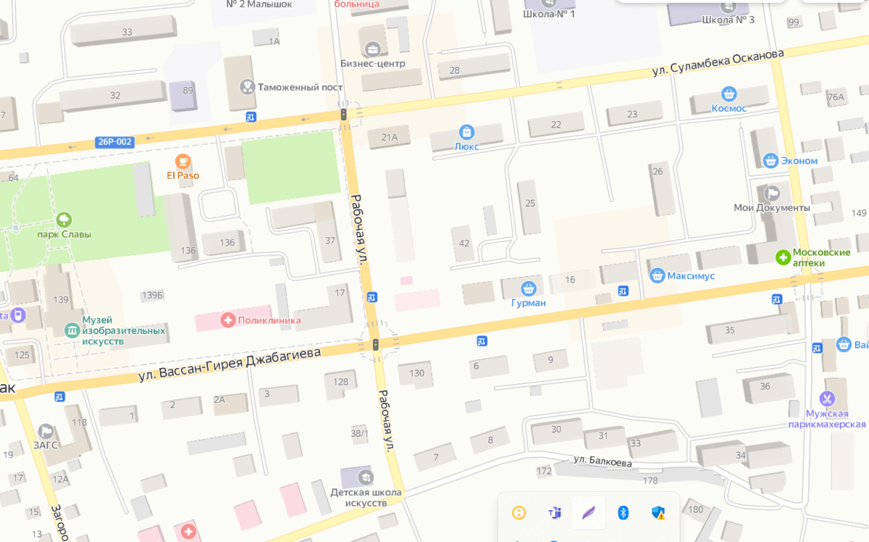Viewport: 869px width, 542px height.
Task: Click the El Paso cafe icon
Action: click(182, 161)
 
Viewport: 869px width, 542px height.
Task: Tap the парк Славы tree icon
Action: click(64, 220)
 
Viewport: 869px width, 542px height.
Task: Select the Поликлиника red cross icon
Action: click(228, 320)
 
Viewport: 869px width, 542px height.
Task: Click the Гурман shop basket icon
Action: click(528, 288)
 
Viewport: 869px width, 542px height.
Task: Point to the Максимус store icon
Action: click(657, 275)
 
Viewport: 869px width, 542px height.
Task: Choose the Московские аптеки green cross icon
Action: click(783, 257)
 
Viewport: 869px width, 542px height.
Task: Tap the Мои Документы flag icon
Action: click(772, 193)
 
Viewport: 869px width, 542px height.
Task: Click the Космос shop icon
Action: click(729, 93)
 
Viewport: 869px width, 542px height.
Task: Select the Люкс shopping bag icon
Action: click(466, 132)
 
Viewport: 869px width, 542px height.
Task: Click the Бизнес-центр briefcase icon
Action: click(373, 49)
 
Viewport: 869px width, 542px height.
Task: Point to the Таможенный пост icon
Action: click(247, 87)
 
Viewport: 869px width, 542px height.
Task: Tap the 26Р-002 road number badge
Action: click(114, 142)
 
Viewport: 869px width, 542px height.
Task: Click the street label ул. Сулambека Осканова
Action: click(718, 62)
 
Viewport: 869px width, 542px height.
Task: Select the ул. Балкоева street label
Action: click(603, 461)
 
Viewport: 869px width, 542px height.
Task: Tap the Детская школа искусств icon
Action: click(366, 477)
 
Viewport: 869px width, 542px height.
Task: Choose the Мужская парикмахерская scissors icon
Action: click(827, 399)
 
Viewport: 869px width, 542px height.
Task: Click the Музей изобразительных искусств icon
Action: click(72, 330)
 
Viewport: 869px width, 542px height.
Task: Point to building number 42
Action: click(463, 243)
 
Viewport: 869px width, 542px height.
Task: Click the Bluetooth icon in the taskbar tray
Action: click(623, 513)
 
